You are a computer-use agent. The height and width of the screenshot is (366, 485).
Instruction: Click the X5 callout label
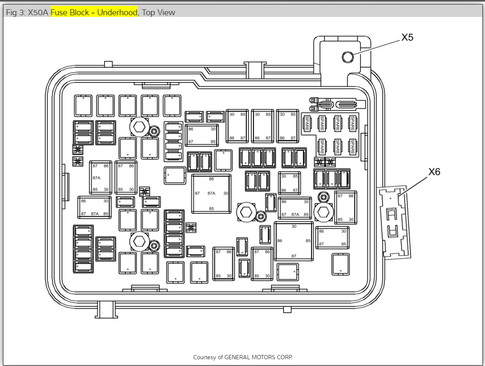(407, 38)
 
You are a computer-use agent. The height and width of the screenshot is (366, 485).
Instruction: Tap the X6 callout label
(434, 172)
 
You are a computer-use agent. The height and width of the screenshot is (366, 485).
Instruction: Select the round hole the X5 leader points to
(348, 57)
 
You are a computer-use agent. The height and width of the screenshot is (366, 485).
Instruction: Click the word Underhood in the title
(117, 12)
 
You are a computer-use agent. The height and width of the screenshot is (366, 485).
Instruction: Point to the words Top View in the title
(158, 12)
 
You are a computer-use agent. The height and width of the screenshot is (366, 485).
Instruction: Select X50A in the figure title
(38, 12)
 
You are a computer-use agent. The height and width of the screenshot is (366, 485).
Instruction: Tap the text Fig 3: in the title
(16, 12)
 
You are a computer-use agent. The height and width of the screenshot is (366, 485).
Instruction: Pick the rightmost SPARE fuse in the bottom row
(352, 146)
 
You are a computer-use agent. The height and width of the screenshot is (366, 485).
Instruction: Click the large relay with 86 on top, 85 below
(211, 193)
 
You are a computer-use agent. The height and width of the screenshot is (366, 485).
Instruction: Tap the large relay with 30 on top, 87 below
(294, 241)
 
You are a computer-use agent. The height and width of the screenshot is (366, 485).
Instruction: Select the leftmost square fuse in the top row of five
(83, 105)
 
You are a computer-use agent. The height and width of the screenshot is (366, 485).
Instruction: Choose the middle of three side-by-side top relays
(262, 125)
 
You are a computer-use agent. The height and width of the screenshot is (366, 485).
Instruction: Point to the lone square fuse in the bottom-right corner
(341, 264)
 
